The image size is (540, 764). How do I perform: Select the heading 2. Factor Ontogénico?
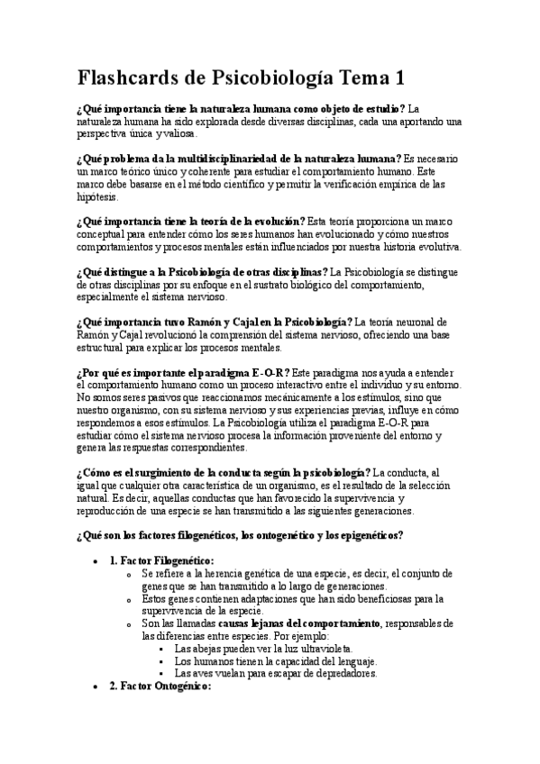tap(160, 686)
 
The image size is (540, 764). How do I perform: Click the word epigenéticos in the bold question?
tap(366, 535)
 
